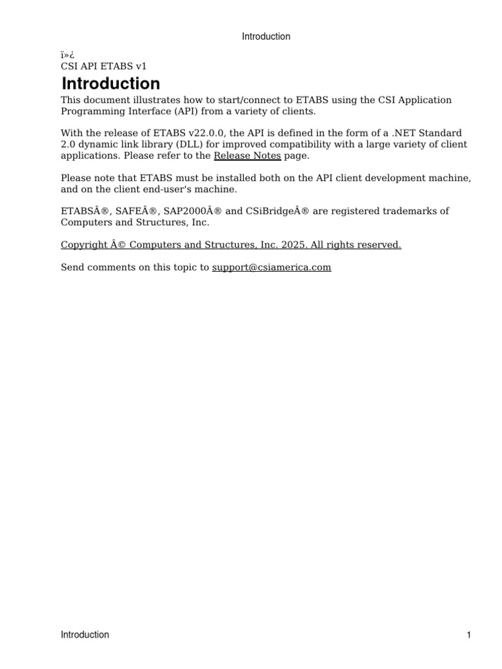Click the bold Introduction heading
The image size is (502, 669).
point(110,84)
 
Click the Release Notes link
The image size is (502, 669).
point(247,155)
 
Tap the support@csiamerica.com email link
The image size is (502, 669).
point(271,267)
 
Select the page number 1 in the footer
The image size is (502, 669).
point(469,634)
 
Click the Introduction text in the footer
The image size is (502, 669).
point(85,634)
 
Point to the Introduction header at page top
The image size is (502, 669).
point(266,37)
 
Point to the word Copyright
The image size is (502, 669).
point(84,244)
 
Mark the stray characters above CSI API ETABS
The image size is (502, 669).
point(67,55)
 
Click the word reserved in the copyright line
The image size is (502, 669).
point(380,244)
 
